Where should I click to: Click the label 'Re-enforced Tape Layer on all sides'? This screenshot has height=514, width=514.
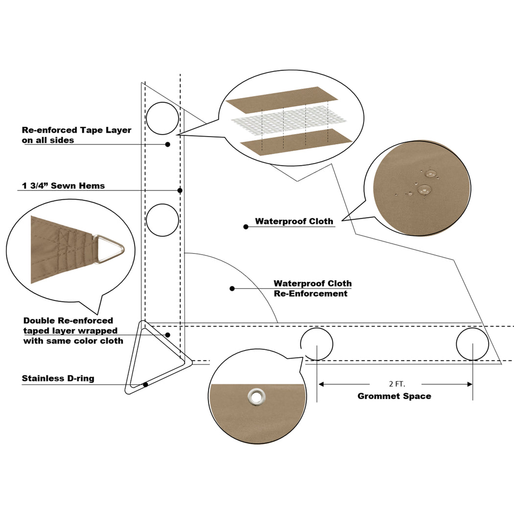pos(76,135)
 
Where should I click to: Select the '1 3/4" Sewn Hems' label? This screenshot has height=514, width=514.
pos(63,186)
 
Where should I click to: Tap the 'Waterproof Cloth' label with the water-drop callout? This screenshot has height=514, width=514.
pos(294,221)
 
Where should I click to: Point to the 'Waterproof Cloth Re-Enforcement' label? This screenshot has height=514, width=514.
pos(312,288)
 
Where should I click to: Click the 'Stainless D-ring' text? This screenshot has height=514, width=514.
pos(58,378)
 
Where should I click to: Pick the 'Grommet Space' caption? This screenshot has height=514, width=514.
pos(394,396)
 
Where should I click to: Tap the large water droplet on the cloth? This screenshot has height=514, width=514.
pos(423,189)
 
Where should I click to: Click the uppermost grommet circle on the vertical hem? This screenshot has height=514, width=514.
pos(163,118)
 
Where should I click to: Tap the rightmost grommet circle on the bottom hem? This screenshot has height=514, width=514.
pos(472,344)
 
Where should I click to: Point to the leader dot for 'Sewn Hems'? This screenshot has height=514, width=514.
pos(180,190)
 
